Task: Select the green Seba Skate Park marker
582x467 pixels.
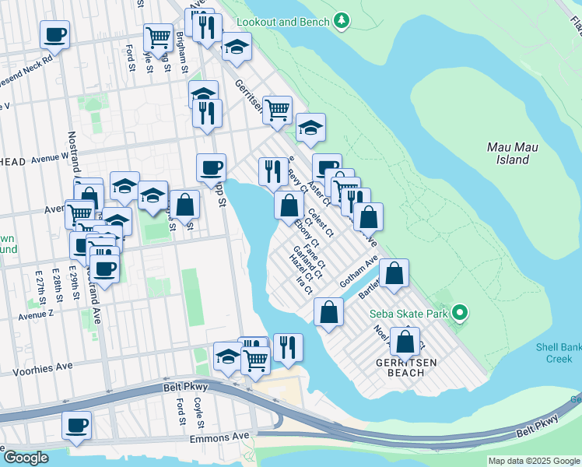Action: [x=460, y=314]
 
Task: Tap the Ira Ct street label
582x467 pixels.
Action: [x=304, y=285]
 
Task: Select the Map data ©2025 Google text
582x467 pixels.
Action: [x=533, y=461]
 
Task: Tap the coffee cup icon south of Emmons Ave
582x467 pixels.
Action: [x=77, y=425]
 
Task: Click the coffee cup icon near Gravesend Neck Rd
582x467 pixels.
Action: [x=54, y=34]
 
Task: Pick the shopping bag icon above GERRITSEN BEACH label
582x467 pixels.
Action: [x=405, y=341]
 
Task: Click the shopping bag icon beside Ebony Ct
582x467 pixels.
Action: [x=289, y=205]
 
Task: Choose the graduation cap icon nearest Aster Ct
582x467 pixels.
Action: [x=310, y=127]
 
